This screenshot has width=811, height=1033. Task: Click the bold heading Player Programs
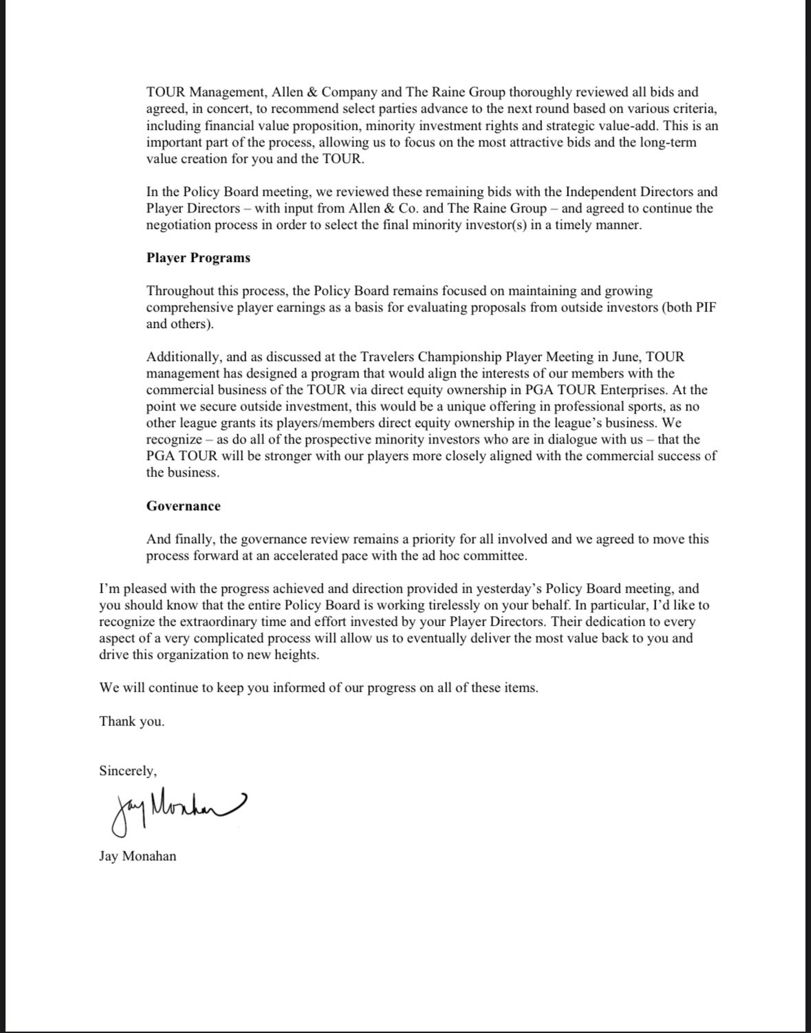click(x=198, y=258)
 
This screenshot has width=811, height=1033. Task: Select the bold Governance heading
click(x=183, y=506)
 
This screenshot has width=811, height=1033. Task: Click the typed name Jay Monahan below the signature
click(x=138, y=856)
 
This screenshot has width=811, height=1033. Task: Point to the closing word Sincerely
click(x=128, y=771)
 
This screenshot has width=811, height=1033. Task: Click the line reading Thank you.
click(x=132, y=721)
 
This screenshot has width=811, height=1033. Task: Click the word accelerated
click(x=301, y=556)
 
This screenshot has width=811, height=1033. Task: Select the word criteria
click(x=694, y=108)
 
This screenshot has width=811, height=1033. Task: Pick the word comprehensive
click(x=186, y=307)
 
